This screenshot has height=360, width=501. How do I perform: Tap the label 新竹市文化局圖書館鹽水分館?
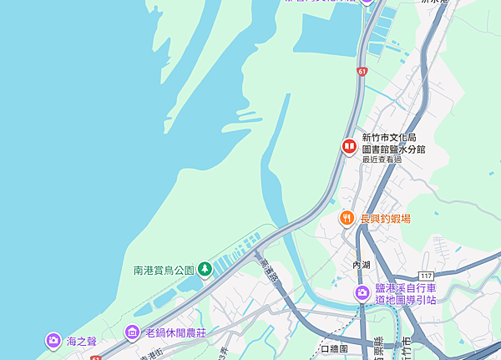coord(393,143)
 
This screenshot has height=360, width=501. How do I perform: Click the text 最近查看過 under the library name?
coord(381,159)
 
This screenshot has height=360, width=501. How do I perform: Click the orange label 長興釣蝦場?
coord(386,219)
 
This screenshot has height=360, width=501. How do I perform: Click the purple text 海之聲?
coord(82,341)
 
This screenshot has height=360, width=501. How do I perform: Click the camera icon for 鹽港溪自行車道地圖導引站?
coord(362,292)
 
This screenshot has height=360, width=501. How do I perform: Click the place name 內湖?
coord(362,265)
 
